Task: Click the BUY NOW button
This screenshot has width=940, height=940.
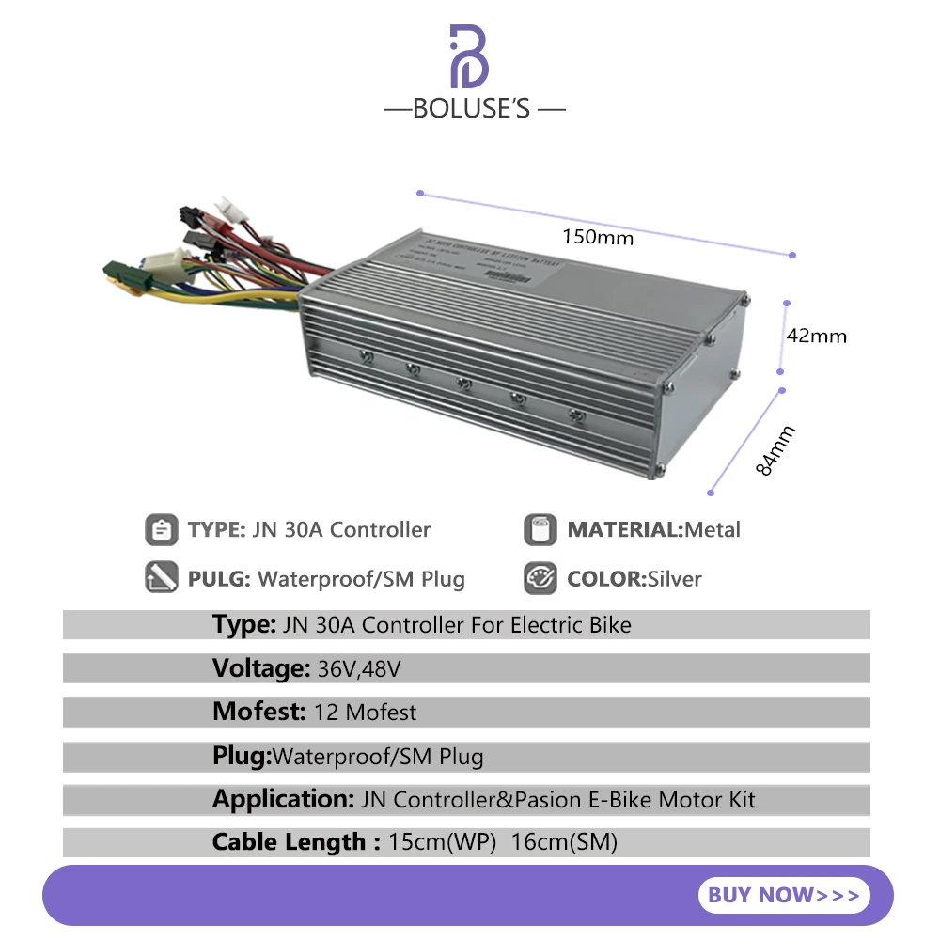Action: (784, 895)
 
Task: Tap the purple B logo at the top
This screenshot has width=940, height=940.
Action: (469, 57)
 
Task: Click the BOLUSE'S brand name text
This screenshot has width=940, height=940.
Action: (474, 109)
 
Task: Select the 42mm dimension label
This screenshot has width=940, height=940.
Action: (816, 336)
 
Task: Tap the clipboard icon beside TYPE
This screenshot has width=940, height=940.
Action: (162, 530)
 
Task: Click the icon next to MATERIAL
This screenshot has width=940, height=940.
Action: (540, 530)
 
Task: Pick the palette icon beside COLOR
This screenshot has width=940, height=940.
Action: (540, 578)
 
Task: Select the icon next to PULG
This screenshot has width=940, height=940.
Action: (162, 578)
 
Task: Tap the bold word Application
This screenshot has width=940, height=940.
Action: (282, 800)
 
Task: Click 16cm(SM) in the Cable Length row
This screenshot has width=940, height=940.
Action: (564, 842)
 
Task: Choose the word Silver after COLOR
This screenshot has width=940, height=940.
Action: (674, 579)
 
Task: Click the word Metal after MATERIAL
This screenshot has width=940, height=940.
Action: (713, 530)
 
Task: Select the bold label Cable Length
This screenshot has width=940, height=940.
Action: (289, 842)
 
